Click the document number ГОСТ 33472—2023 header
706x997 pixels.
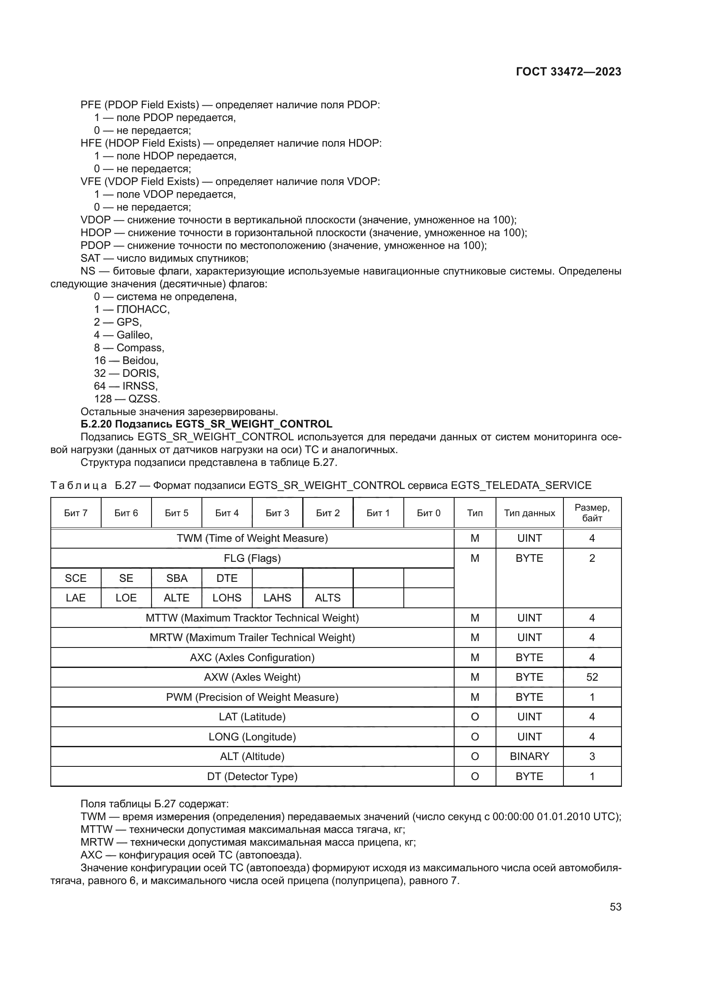568,72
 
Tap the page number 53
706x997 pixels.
615,907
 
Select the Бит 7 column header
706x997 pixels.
76,513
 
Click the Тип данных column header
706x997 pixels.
529,513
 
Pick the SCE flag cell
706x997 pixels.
76,578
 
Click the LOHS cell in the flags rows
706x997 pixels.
227,598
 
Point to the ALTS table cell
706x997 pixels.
327,598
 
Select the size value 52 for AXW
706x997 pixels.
592,677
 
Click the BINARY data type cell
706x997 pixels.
529,756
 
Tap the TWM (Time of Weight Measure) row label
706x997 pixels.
252,538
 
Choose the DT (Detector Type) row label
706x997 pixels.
252,776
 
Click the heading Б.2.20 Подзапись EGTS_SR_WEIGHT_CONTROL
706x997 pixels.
207,424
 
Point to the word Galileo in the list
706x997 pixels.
134,335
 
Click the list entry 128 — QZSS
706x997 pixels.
127,399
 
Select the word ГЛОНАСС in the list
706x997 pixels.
143,309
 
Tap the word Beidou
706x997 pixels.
140,361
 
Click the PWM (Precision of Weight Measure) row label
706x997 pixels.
252,697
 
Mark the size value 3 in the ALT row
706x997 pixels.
592,756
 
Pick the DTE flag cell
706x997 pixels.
227,578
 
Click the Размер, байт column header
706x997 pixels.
592,513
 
